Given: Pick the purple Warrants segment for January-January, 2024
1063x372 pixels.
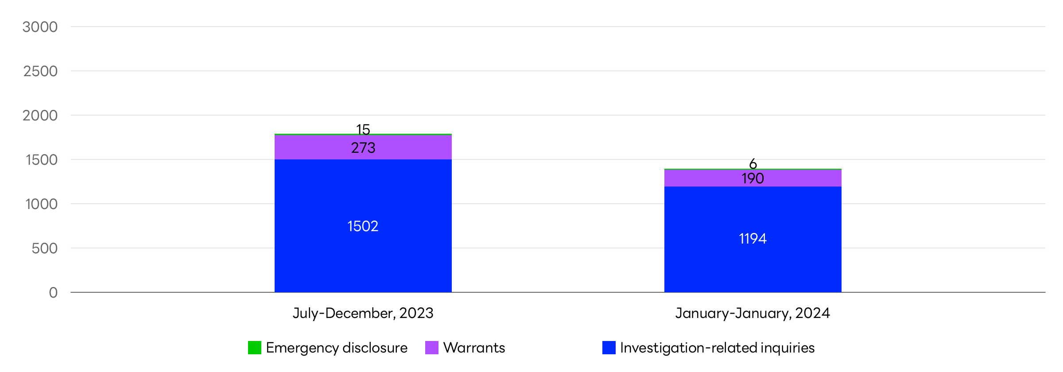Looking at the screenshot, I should pos(700,178).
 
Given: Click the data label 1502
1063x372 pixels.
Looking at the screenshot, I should pos(363,226).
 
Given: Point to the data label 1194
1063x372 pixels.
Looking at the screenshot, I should pos(753,239).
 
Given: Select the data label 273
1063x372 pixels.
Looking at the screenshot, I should pos(363,148).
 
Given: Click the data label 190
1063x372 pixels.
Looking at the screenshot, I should pos(753,178).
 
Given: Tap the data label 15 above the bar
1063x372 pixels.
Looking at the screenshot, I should pos(363,129).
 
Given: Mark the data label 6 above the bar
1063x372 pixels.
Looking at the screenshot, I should pos(753,164).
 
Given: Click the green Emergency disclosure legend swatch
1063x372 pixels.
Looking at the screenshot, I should pos(255,348).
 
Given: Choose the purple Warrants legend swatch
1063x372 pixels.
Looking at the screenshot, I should pos(432,348).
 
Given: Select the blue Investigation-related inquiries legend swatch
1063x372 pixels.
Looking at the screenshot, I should pos(609,348).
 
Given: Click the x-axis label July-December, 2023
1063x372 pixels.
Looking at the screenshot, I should pos(363,313).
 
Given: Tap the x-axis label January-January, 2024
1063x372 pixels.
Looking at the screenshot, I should pos(753,313).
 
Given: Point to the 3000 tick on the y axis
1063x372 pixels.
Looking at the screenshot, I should pos(40,27).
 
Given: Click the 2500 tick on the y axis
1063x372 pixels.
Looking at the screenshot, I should pos(40,71).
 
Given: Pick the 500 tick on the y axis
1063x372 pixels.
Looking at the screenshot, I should pos(44,248).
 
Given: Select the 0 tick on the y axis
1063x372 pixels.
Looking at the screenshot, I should pos(53,293).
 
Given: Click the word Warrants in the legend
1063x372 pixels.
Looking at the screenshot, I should pos(474,348).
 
